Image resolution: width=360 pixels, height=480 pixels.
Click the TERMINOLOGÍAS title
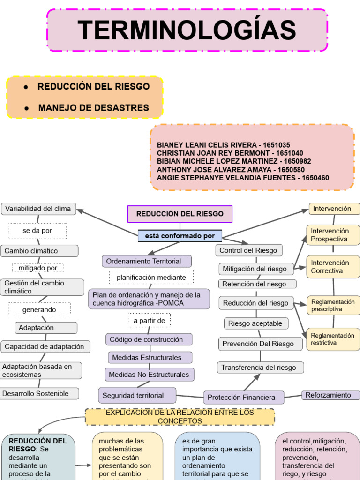click(187, 30)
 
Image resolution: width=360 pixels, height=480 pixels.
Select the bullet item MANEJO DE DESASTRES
click(93, 108)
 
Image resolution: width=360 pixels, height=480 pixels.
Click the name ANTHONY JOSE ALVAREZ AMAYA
click(215, 169)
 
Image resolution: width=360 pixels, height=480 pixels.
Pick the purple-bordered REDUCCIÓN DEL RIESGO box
click(180, 214)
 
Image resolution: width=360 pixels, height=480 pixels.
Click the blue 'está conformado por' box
click(180, 236)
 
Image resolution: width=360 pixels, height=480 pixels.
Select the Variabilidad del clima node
click(38, 209)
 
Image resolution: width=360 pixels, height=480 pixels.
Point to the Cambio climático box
click(39, 251)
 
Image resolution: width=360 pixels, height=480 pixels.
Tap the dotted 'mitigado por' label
click(38, 268)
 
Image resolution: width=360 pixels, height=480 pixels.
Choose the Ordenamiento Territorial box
click(147, 261)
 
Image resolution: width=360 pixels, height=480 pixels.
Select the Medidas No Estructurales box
click(149, 375)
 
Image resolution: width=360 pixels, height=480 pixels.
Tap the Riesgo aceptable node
click(255, 323)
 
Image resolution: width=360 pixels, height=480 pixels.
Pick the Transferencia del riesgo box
click(260, 367)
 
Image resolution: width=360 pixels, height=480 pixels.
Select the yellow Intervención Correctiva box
click(333, 267)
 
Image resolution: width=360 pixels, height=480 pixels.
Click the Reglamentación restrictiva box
click(333, 339)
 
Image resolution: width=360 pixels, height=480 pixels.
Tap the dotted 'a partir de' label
click(150, 320)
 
